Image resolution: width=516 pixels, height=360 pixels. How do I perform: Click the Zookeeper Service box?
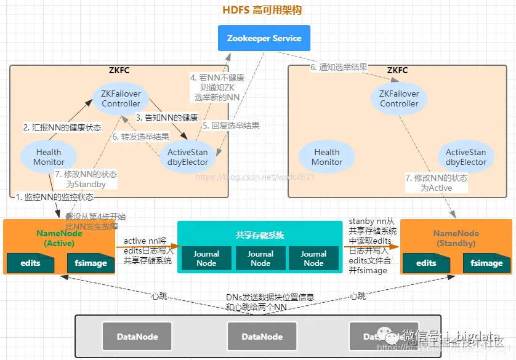(264, 38)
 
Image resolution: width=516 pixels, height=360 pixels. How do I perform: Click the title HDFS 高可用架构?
(262, 10)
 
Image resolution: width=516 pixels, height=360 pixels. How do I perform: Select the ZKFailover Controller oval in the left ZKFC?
(121, 98)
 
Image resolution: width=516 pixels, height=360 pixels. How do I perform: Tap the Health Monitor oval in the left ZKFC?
(49, 157)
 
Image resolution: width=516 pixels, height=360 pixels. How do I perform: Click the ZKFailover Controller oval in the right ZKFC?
(399, 98)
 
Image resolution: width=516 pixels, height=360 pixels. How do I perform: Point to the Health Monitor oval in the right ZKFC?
(327, 157)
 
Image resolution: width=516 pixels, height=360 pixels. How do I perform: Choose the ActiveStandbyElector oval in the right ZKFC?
(466, 157)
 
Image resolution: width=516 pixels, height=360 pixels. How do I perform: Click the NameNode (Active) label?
(59, 238)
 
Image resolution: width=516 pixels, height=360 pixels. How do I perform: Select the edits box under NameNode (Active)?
(30, 263)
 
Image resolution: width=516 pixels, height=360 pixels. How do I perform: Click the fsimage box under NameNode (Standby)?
(486, 263)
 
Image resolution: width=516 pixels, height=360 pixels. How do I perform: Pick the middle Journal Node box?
(260, 258)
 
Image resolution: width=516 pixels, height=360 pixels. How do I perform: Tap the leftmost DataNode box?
(138, 336)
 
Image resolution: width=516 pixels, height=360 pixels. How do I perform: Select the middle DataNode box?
(262, 336)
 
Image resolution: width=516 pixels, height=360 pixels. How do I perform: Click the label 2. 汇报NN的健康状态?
(62, 127)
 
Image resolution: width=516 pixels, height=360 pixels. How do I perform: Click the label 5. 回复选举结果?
(230, 125)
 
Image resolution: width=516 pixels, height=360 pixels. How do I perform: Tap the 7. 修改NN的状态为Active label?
(436, 183)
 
